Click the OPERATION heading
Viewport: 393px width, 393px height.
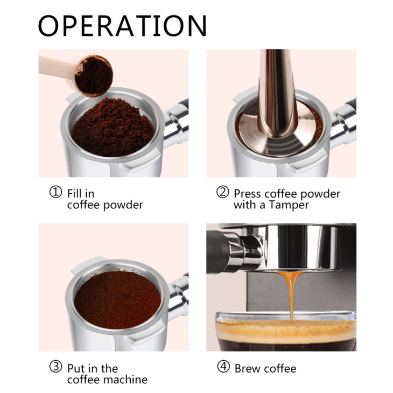[x=122, y=25]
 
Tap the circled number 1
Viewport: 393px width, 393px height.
[x=56, y=193]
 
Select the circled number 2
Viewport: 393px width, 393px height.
[x=222, y=193]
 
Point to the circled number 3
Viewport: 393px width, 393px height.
[x=56, y=368]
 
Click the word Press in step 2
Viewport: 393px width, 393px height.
[x=248, y=193]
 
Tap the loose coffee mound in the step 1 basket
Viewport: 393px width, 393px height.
[x=113, y=127]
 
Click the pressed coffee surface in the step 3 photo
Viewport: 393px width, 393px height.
[x=117, y=299]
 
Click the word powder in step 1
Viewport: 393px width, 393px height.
[x=124, y=205]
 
